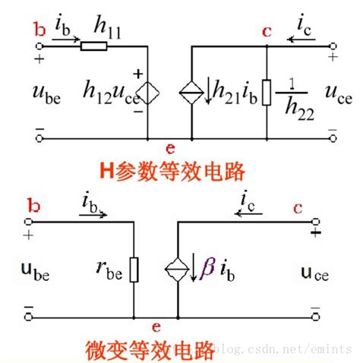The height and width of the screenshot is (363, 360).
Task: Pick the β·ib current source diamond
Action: [177, 270]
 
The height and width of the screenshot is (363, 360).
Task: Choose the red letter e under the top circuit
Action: [170, 149]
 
